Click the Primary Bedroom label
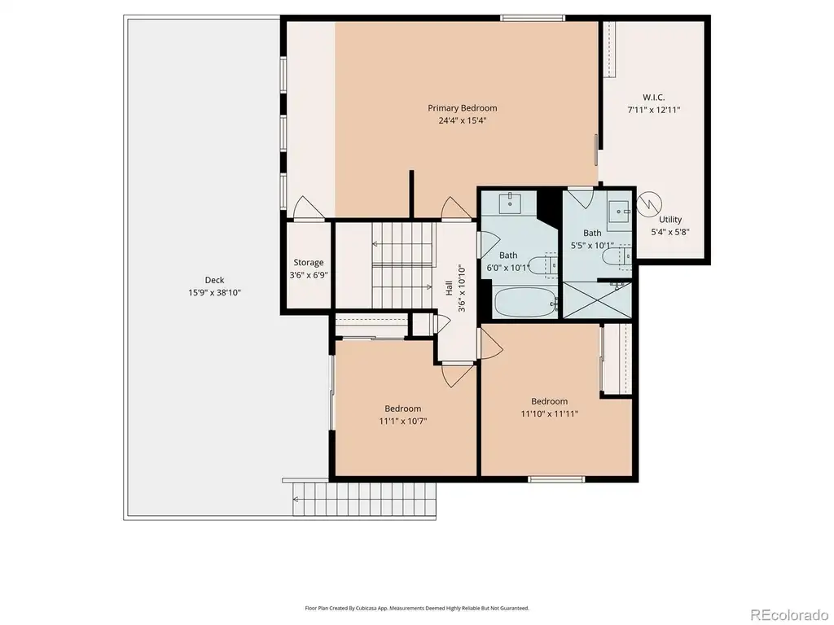click(463, 108)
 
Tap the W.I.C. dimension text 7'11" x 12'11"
click(654, 110)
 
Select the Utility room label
click(670, 219)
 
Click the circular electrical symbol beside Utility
click(649, 203)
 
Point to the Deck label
click(214, 280)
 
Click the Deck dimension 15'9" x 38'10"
click(214, 292)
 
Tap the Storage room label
click(309, 262)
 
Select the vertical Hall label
click(449, 288)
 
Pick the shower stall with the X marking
click(597, 300)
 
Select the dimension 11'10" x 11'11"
click(550, 413)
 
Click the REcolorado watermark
click(788, 615)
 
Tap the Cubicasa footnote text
click(417, 608)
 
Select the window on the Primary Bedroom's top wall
click(533, 18)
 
